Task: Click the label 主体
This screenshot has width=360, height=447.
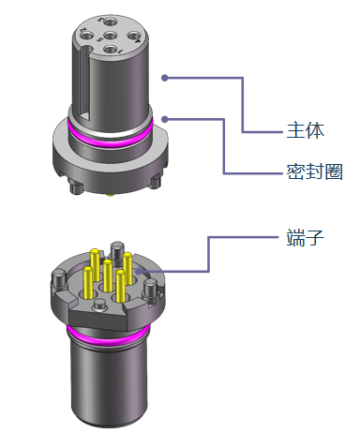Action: [306, 130]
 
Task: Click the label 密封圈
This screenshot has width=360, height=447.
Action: [314, 171]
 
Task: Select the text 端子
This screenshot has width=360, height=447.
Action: [306, 237]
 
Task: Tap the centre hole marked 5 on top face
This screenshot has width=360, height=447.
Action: [110, 36]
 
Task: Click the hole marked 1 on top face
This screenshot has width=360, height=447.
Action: [110, 50]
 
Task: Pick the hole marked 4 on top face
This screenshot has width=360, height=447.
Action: [133, 36]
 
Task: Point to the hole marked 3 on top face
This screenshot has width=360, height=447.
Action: [111, 22]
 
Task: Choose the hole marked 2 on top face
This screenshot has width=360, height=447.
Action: [87, 35]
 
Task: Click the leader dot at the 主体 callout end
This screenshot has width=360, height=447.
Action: [165, 78]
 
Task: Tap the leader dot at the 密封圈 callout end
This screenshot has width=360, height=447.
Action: [165, 119]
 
